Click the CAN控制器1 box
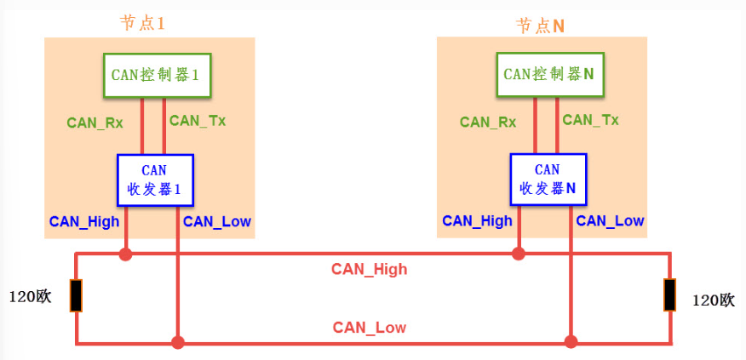(x=157, y=75)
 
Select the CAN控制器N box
(x=548, y=74)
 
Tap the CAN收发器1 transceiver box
(x=155, y=180)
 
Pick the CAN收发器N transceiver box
(x=548, y=180)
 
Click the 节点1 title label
(x=141, y=23)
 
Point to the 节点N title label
(x=540, y=26)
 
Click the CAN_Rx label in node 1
(x=95, y=123)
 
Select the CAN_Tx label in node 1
(x=198, y=121)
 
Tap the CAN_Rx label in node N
(x=488, y=123)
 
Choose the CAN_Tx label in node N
(x=590, y=120)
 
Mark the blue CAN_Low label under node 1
(x=217, y=222)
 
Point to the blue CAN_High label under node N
(x=477, y=221)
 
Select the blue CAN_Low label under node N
(x=610, y=221)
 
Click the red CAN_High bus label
(x=369, y=270)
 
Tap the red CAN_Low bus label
(x=369, y=328)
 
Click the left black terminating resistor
(x=76, y=295)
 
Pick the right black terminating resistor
(x=670, y=294)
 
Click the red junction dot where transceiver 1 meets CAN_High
(x=126, y=254)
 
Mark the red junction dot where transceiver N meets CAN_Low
(x=571, y=342)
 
